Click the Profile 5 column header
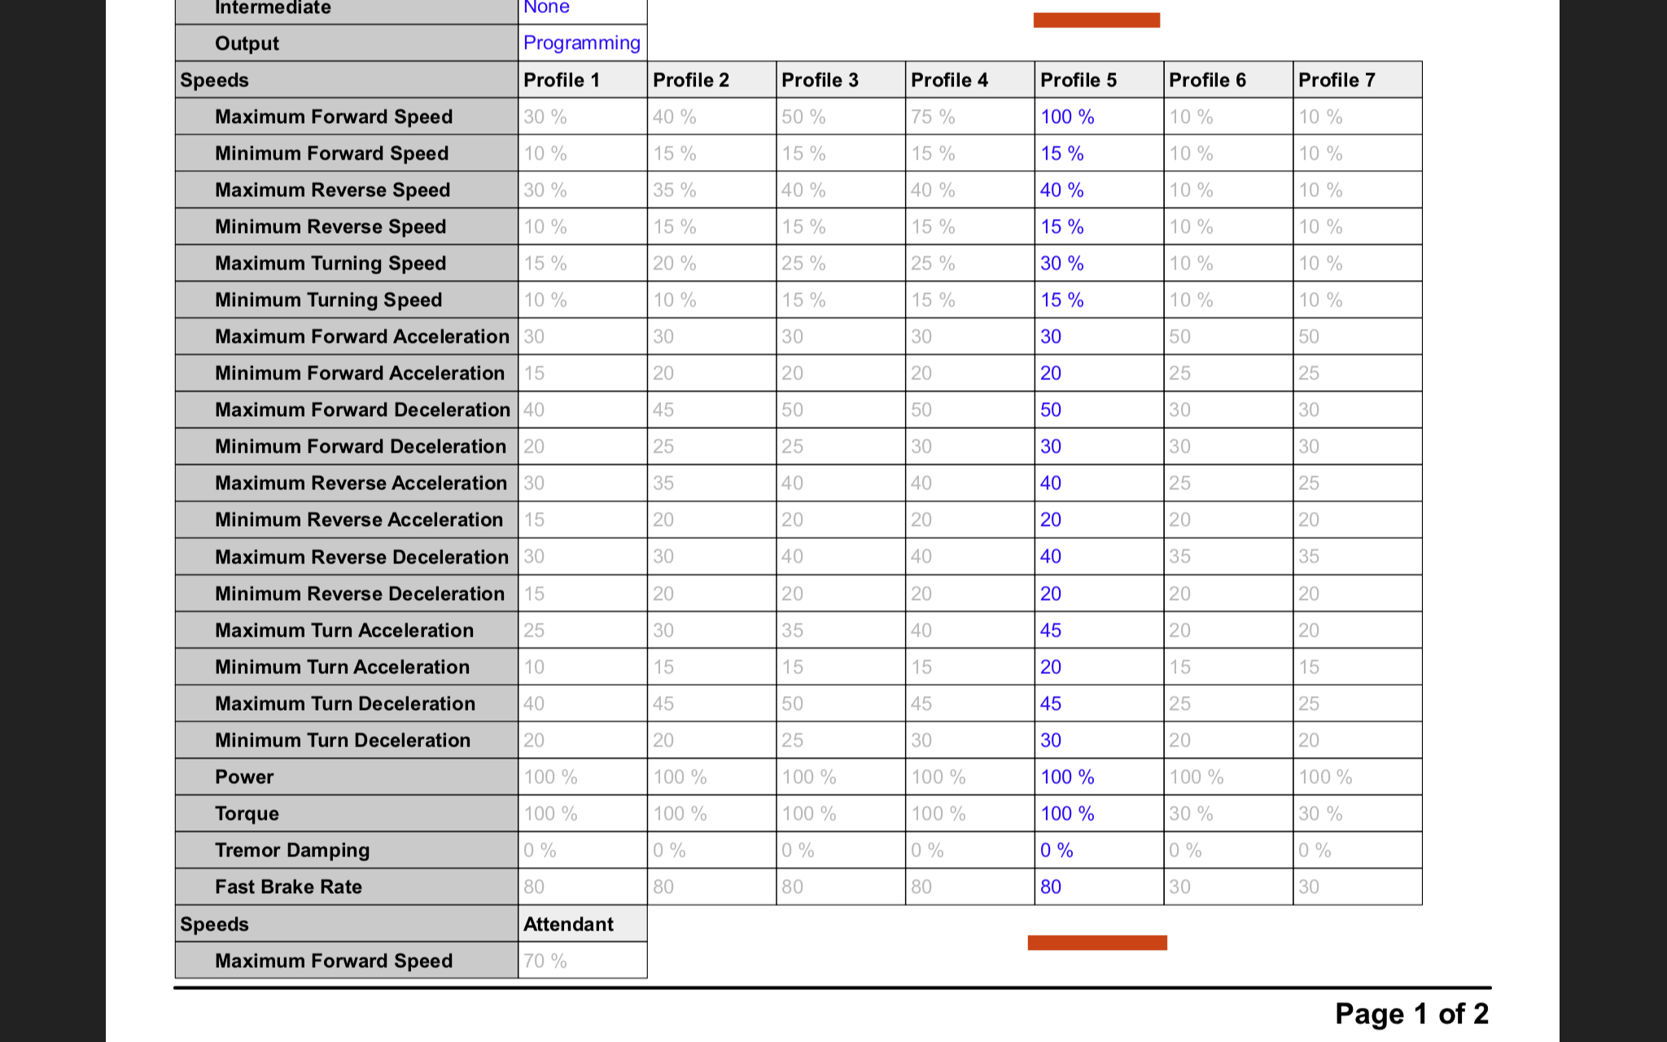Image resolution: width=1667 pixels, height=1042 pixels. pyautogui.click(x=1078, y=80)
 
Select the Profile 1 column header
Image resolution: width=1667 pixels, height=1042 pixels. pyautogui.click(x=562, y=80)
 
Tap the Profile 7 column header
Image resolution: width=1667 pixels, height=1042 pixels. pyautogui.click(x=1337, y=80)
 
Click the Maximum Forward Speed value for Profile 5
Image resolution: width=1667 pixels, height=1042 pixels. pyautogui.click(x=1067, y=116)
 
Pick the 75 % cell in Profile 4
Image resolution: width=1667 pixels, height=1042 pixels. pyautogui.click(x=933, y=116)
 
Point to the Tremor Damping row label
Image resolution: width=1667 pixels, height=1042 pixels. pyautogui.click(x=292, y=850)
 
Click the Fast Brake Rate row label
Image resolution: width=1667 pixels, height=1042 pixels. pyautogui.click(x=288, y=887)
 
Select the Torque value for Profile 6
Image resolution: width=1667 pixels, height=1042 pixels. pyautogui.click(x=1191, y=813)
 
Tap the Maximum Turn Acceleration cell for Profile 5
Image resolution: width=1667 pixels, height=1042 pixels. pyautogui.click(x=1051, y=630)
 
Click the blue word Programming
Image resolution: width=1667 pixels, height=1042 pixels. pyautogui.click(x=581, y=42)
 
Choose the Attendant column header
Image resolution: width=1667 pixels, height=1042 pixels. pyautogui.click(x=568, y=924)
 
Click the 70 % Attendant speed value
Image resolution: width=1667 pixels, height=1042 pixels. pyautogui.click(x=545, y=961)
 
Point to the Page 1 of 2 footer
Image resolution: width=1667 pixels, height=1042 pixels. pyautogui.click(x=1411, y=1014)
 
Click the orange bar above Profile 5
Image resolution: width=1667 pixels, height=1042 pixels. pyautogui.click(x=1096, y=20)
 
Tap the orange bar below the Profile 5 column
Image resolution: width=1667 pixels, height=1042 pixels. pyautogui.click(x=1097, y=942)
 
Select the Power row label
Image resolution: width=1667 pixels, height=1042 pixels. pyautogui.click(x=244, y=777)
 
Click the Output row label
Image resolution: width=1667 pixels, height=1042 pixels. pyautogui.click(x=247, y=43)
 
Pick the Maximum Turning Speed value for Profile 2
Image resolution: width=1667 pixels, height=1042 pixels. pyautogui.click(x=674, y=263)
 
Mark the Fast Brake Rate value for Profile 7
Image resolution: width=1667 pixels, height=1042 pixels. pyautogui.click(x=1309, y=887)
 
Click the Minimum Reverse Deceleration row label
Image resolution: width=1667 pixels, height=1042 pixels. pyautogui.click(x=360, y=593)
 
